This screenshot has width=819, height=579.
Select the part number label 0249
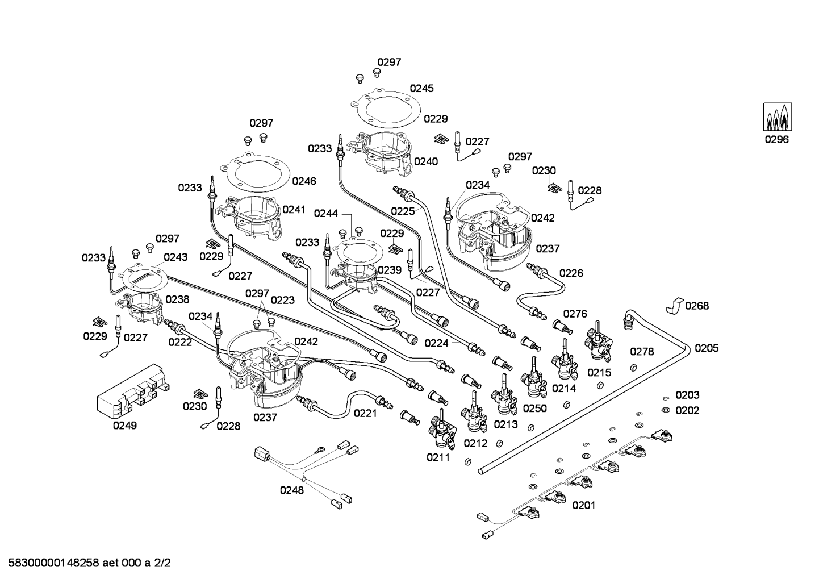pos(124,425)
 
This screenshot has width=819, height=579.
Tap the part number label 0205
pos(707,348)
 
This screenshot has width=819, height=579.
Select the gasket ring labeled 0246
pos(255,174)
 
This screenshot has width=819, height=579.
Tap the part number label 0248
pos(291,490)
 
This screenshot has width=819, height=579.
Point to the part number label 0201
pos(584,505)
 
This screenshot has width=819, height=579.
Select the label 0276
pos(575,314)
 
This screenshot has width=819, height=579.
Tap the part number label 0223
pos(282,300)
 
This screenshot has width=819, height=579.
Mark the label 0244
pos(325,214)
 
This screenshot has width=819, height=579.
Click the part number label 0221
pos(365,413)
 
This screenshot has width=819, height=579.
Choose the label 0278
pos(642,352)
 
